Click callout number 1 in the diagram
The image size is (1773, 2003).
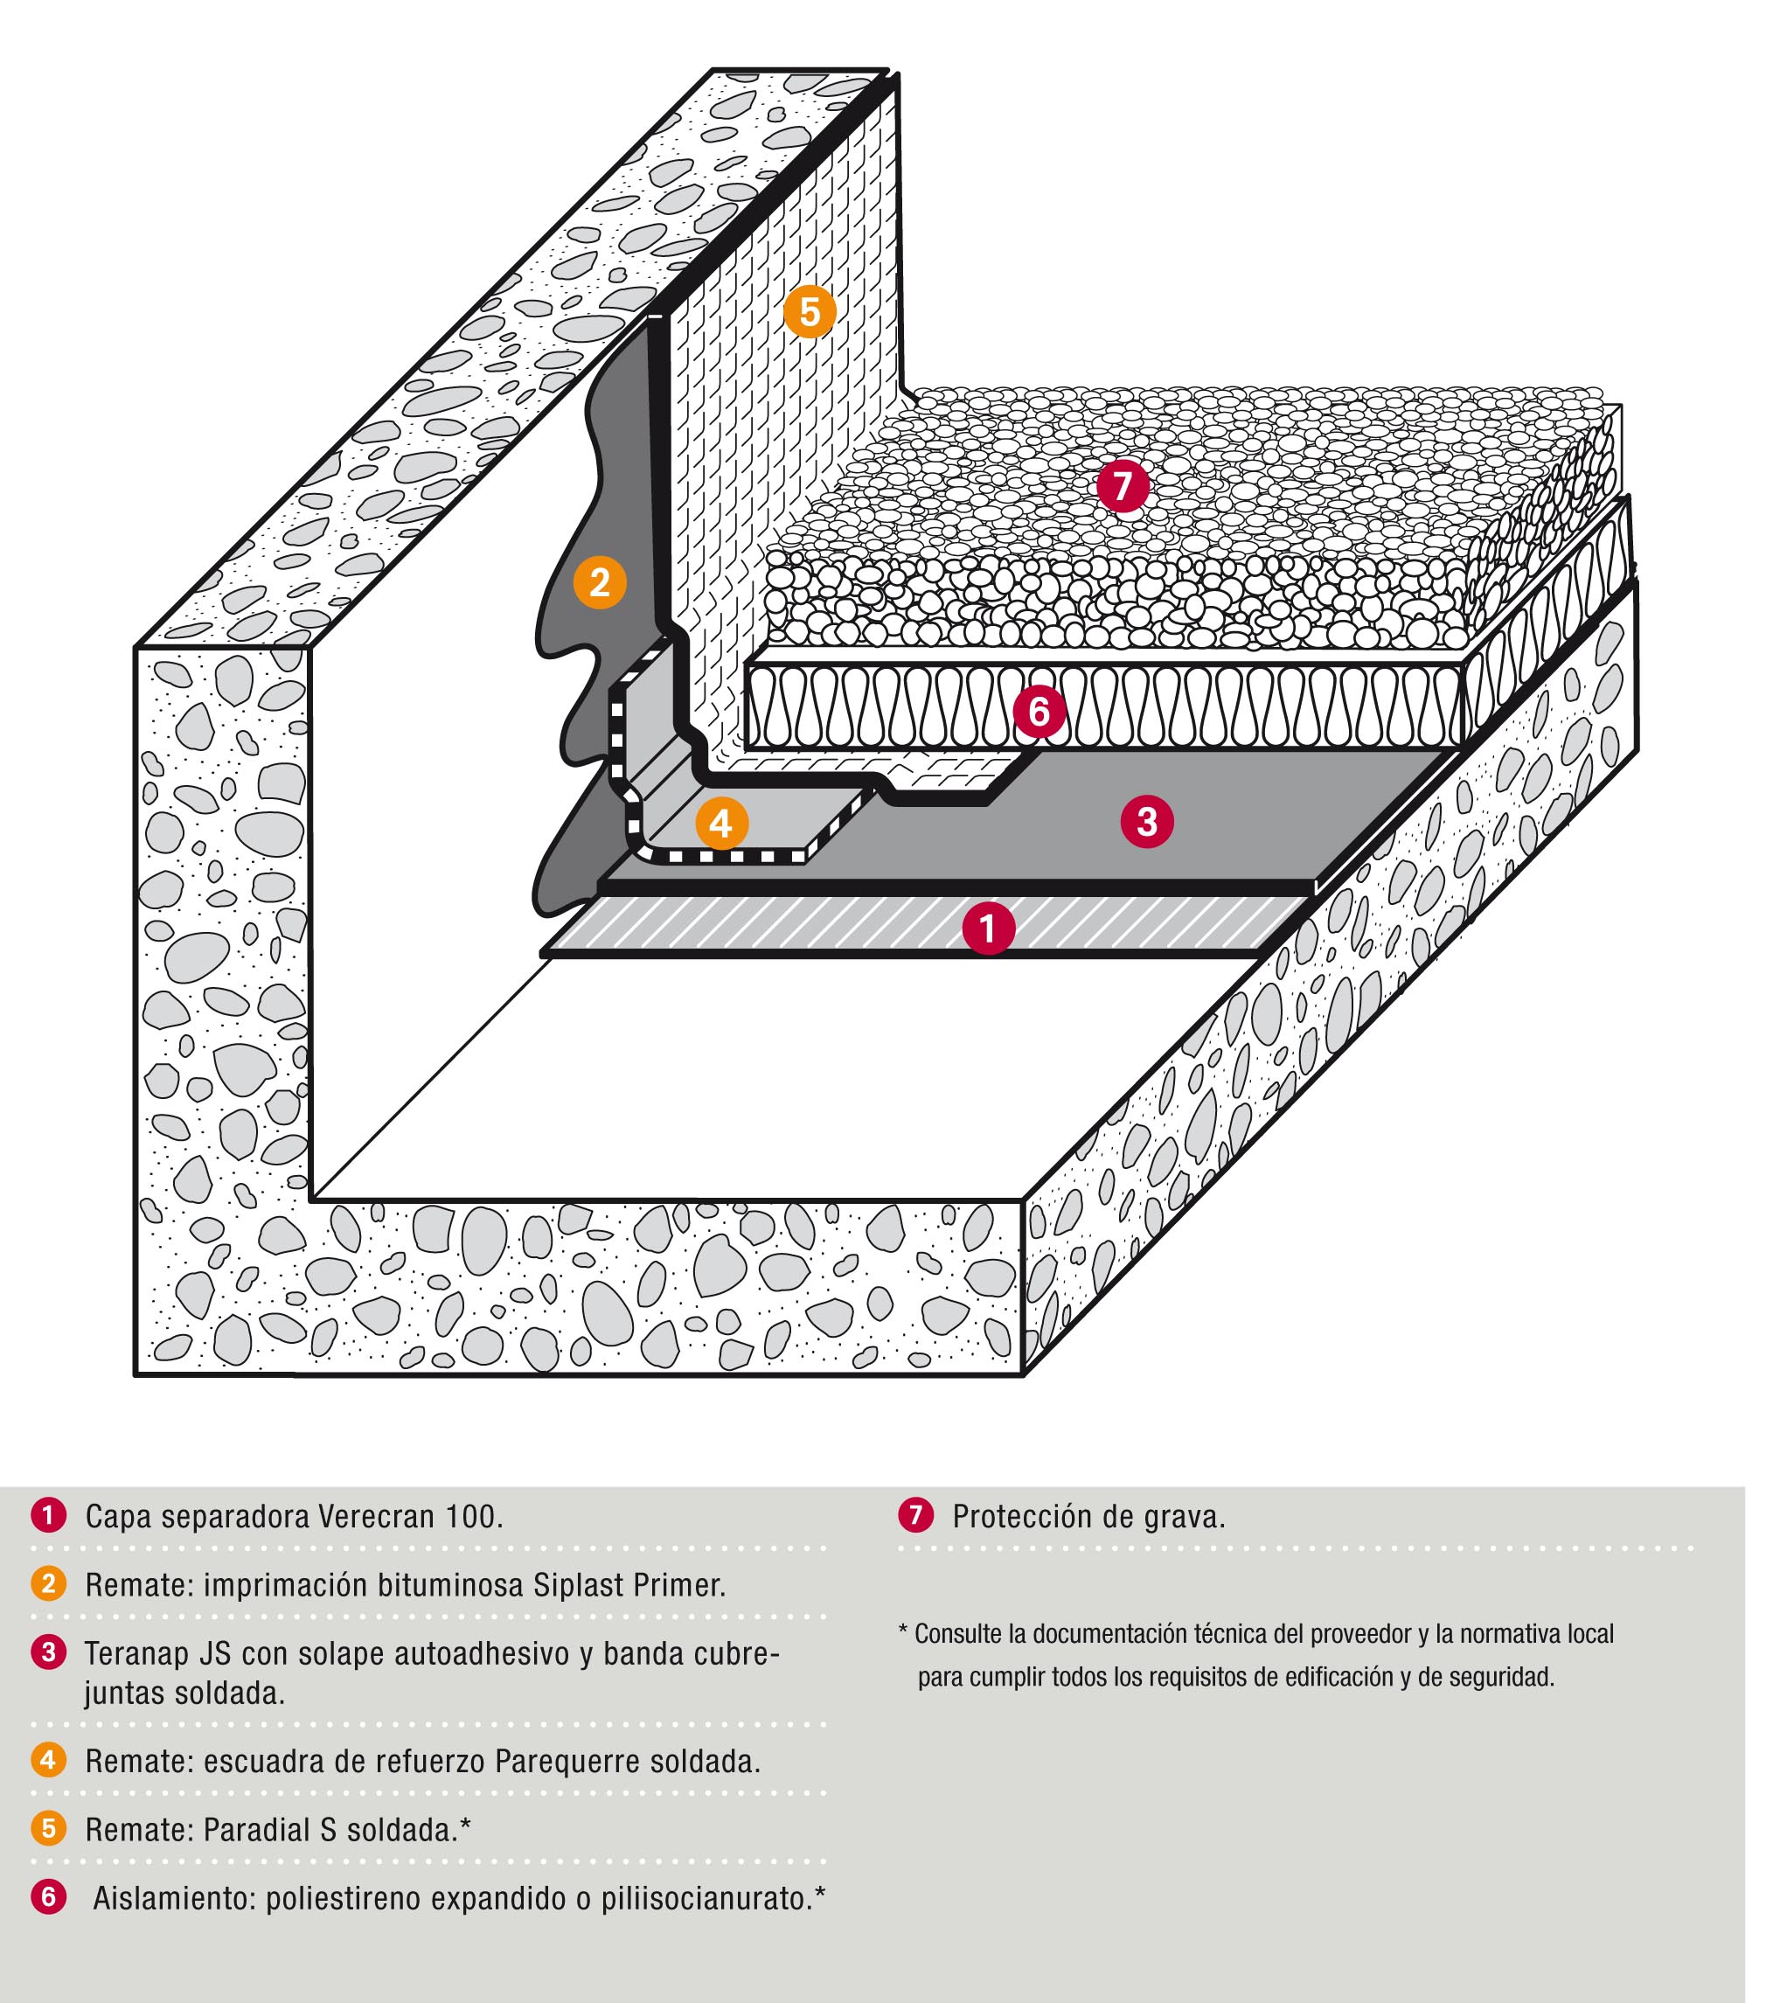(987, 927)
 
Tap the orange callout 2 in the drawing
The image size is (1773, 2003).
(600, 582)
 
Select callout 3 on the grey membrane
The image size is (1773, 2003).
(1147, 820)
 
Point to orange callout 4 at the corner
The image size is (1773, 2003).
(721, 824)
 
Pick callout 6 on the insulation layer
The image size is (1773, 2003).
(1039, 711)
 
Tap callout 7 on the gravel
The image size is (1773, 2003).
(1123, 486)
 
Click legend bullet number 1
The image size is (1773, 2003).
(48, 1516)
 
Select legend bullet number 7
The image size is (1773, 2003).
(915, 1516)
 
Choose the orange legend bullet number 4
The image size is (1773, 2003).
(48, 1760)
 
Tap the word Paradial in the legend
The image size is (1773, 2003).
(258, 1830)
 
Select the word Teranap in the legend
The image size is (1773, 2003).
(137, 1654)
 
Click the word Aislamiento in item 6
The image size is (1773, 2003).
(173, 1898)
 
